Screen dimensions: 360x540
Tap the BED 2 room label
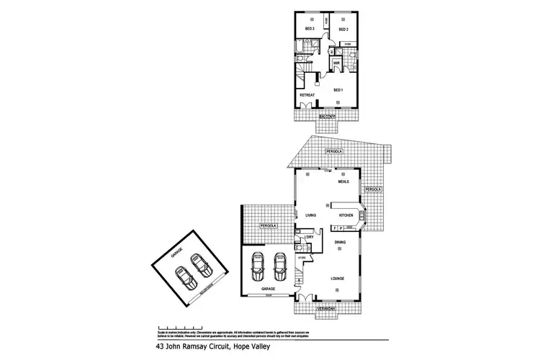343,29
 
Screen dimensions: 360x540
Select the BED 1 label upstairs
337,90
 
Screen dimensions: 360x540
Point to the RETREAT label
307,94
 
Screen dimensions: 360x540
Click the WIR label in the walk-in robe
336,63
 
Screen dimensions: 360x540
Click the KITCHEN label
346,215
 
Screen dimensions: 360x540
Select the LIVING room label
311,215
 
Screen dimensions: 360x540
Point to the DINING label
340,242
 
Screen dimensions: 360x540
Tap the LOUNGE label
337,277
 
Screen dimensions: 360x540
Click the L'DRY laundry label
308,237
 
